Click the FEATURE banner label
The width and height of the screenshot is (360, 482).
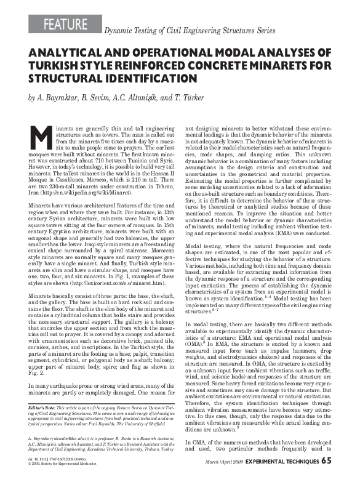[x=66, y=25]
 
